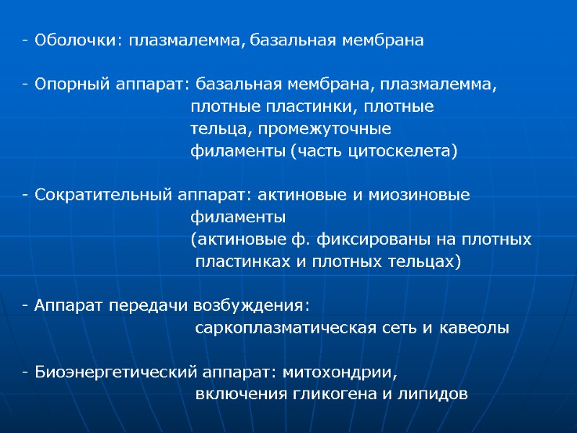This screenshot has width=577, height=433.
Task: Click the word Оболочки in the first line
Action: point(70,40)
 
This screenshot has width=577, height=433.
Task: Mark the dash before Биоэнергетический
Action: point(25,373)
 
